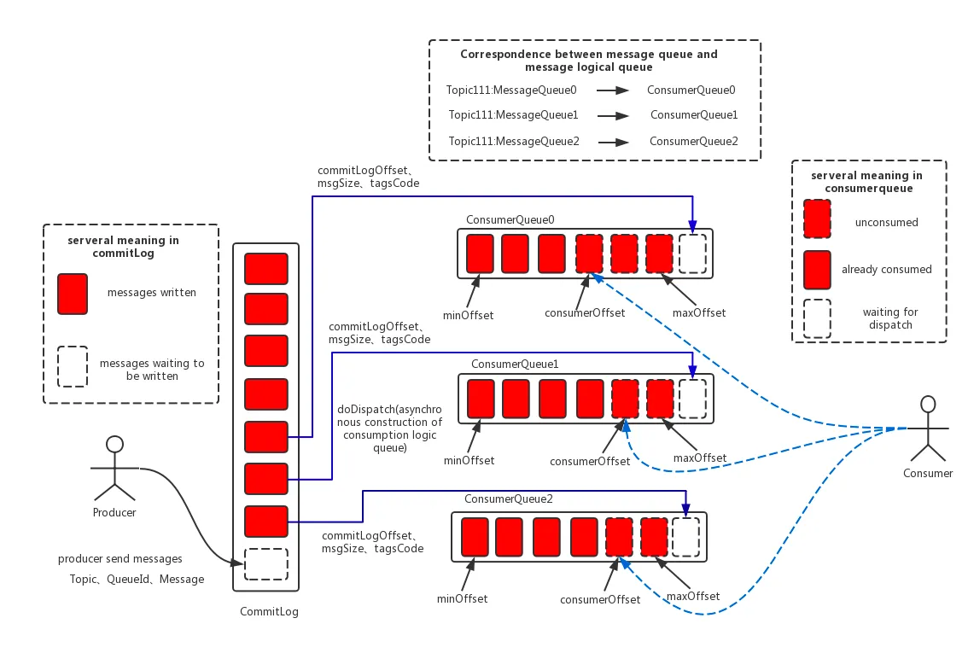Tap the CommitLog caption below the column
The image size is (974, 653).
tap(269, 612)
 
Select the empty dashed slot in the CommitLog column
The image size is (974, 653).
tap(265, 564)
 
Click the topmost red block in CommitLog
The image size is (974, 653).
tap(265, 268)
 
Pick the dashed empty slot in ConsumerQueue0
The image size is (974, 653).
tap(692, 254)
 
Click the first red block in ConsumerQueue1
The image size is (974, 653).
tap(481, 399)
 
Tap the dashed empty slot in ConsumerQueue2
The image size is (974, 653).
tap(685, 537)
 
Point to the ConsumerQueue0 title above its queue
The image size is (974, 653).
tap(510, 220)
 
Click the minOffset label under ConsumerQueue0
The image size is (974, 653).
tap(469, 316)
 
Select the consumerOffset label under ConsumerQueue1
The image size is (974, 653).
tap(590, 462)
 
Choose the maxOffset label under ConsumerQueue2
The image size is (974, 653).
tap(692, 596)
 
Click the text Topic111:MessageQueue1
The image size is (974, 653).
tap(513, 114)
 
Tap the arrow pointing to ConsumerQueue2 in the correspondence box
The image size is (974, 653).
tap(613, 142)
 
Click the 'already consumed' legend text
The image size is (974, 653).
tap(886, 269)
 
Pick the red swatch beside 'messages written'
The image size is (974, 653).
tap(72, 294)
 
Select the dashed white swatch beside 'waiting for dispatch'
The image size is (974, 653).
tap(817, 318)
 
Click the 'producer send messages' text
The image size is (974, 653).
tap(120, 559)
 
